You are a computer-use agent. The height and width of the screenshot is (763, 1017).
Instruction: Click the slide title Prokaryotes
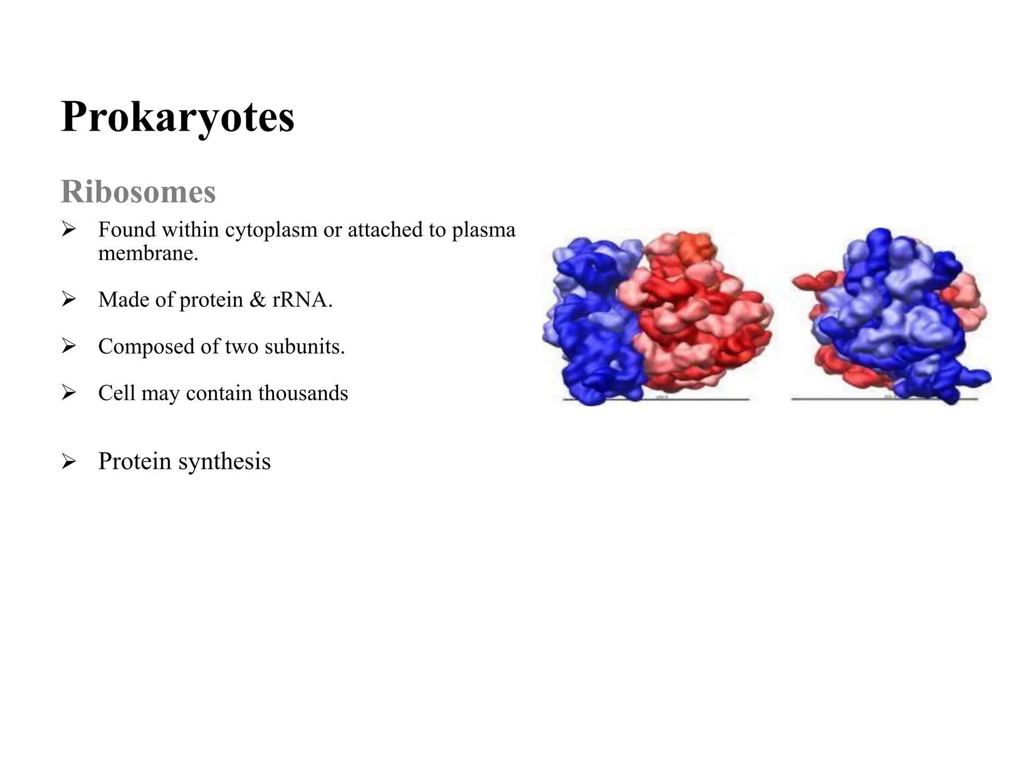[x=177, y=117]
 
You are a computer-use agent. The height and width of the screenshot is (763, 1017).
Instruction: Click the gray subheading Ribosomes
[x=138, y=192]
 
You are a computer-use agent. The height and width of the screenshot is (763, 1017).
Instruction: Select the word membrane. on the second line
[x=148, y=253]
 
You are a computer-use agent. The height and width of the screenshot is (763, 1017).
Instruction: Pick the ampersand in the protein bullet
[x=258, y=300]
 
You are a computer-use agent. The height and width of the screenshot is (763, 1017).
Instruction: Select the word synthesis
[x=224, y=461]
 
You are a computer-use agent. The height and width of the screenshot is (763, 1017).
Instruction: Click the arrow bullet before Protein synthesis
[x=69, y=462]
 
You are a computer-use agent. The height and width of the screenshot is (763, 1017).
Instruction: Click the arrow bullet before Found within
[x=69, y=229]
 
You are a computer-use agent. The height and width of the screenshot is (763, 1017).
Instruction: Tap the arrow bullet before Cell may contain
[x=69, y=393]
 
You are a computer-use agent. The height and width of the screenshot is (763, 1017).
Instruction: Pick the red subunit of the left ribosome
[x=700, y=318]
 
